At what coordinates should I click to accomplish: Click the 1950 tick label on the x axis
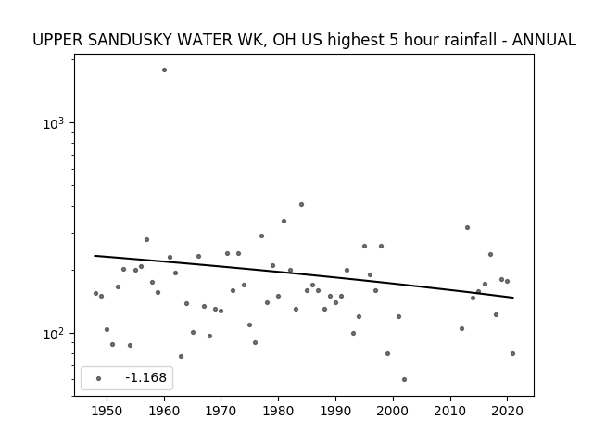(107, 411)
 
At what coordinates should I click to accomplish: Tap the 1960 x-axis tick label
(164, 411)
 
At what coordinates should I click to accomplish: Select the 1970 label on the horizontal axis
(221, 411)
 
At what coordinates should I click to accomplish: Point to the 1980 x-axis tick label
(278, 411)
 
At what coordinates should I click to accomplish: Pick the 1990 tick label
(335, 411)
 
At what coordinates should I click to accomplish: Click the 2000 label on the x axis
(393, 411)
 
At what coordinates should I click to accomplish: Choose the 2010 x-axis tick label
(450, 411)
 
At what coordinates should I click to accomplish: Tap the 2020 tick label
(507, 411)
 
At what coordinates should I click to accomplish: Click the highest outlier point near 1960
(164, 70)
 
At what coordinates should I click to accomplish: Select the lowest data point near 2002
(404, 379)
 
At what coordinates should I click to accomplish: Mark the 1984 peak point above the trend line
(301, 204)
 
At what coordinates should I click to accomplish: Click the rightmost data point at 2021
(512, 354)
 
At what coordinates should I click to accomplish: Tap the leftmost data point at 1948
(95, 293)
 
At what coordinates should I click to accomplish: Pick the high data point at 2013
(467, 227)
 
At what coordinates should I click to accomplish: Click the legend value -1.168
(145, 377)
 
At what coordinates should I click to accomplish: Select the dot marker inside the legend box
(98, 378)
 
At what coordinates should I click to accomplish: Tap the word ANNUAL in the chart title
(544, 40)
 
